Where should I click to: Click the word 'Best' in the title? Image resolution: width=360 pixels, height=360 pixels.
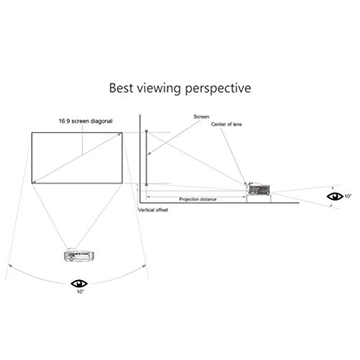[x=121, y=88]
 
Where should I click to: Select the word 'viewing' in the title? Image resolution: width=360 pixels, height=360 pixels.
[x=159, y=89]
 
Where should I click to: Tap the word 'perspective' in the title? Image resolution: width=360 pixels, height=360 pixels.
[x=218, y=89]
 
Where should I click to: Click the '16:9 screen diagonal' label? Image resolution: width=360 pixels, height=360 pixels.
[x=86, y=121]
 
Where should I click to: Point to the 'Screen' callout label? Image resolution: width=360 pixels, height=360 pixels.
[x=202, y=117]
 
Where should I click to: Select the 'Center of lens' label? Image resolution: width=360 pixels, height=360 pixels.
[x=226, y=125]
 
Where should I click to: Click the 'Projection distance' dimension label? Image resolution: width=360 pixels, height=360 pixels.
[x=198, y=199]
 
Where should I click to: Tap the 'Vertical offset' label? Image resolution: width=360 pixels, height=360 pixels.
[x=153, y=210]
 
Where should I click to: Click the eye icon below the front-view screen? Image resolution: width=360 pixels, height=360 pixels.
[x=79, y=284]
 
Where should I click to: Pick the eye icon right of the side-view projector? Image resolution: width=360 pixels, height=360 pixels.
[x=335, y=197]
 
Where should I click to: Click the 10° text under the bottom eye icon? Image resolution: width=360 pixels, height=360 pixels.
[x=81, y=292]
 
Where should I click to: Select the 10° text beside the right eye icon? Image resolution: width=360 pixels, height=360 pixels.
[x=348, y=197]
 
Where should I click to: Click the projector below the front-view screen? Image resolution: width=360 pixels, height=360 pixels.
[x=78, y=256]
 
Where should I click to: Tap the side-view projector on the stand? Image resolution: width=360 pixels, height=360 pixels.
[x=258, y=189]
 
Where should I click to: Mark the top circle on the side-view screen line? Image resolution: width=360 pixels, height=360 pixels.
[x=146, y=131]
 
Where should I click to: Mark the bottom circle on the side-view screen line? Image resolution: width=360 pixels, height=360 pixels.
[x=146, y=185]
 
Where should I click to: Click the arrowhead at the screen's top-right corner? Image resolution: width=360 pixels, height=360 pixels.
[x=119, y=135]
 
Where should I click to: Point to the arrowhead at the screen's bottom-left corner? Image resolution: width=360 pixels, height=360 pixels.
[x=35, y=181]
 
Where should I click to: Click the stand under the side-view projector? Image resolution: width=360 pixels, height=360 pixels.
[x=259, y=199]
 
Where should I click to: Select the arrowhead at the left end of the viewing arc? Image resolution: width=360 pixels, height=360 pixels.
[x=10, y=266]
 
